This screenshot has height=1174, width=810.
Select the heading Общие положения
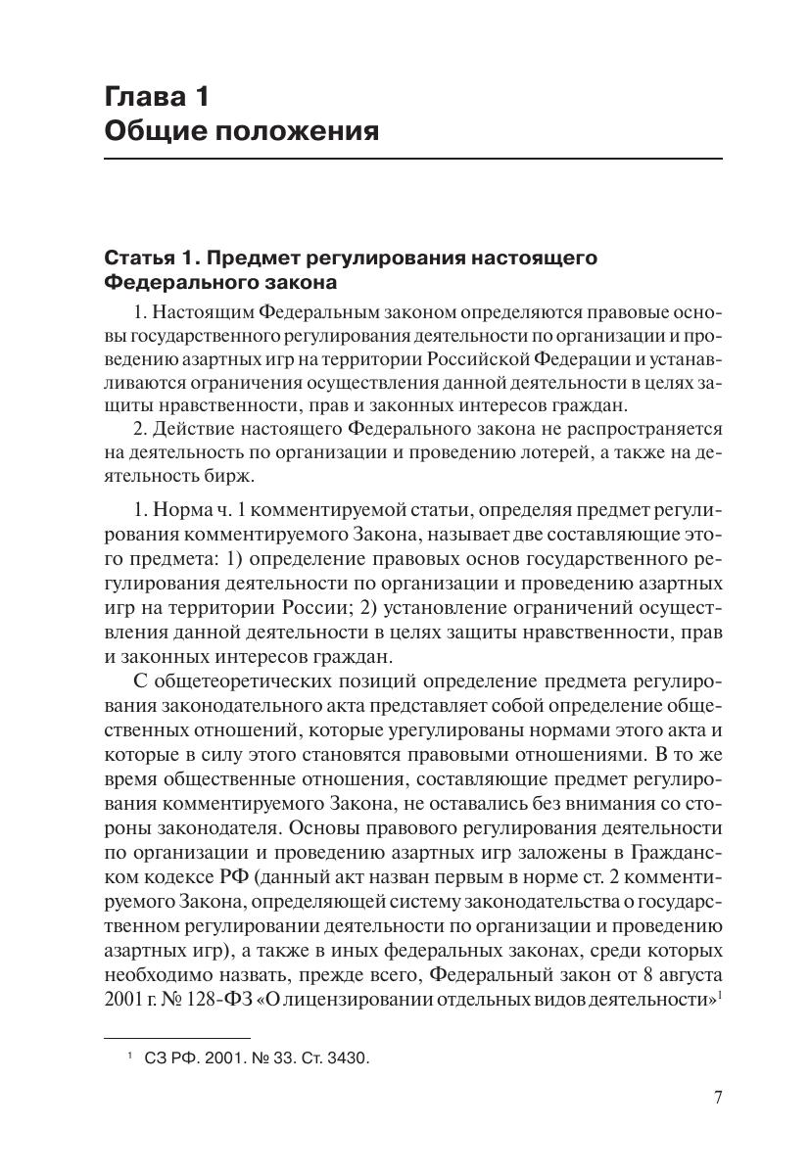241,130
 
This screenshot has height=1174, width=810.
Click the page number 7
717,1097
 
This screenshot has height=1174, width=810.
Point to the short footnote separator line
176,1037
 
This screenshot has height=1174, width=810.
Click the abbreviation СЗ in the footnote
156,1057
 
